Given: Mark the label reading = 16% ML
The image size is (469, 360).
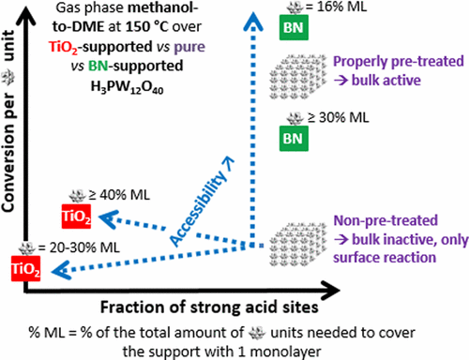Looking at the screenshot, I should click(x=325, y=10).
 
